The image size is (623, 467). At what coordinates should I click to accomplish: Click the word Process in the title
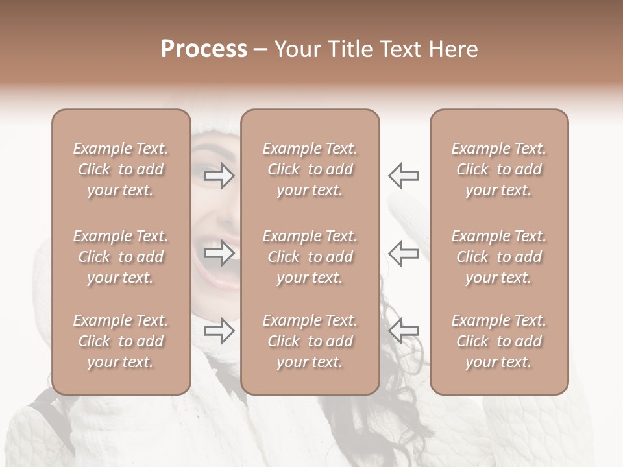203,49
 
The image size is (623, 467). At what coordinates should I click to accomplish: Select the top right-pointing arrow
219,175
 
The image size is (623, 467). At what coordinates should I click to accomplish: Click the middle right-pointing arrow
219,253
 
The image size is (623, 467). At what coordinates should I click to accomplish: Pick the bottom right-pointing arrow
219,331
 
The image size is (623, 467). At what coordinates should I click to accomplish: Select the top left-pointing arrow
403,175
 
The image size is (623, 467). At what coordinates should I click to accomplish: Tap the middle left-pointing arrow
403,253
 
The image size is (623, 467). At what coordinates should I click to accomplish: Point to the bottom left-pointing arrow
403,331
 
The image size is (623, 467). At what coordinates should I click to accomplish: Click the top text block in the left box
121,169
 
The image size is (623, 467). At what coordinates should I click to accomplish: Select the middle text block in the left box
121,257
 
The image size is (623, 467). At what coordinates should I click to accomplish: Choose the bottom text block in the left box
121,341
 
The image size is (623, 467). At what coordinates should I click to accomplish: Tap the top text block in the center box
310,169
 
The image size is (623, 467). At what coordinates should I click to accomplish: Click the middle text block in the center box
310,257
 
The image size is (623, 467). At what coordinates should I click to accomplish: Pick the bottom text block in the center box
310,341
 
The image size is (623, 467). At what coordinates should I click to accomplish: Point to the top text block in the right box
498,169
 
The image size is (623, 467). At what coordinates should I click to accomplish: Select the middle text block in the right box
498,257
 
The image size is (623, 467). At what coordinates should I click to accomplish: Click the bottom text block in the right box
498,341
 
